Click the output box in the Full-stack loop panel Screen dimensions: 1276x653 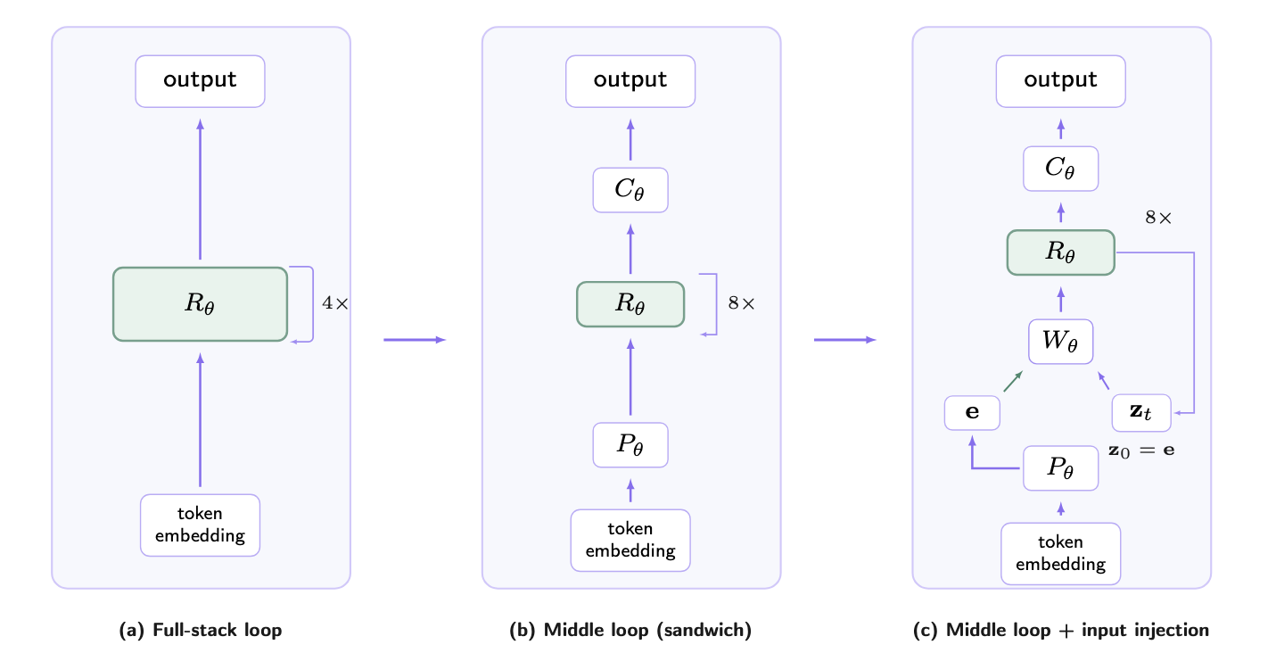click(x=200, y=81)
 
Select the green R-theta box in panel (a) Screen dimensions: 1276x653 click(x=200, y=304)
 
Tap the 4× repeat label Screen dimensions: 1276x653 click(x=335, y=303)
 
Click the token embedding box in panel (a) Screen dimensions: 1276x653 click(x=200, y=525)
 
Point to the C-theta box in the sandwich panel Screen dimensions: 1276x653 click(x=630, y=190)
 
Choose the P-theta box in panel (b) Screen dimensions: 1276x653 click(x=630, y=445)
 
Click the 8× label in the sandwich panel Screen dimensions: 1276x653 click(x=741, y=303)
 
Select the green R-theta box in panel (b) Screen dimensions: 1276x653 click(x=630, y=304)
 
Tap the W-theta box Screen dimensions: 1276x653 click(x=1060, y=342)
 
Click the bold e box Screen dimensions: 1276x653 click(x=972, y=412)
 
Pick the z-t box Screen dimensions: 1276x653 click(x=1141, y=412)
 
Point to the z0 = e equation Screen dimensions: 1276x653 click(x=1141, y=450)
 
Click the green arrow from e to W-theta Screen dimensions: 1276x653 click(x=1013, y=381)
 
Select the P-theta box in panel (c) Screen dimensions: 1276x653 click(x=1060, y=467)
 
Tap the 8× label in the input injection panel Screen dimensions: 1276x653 click(x=1158, y=218)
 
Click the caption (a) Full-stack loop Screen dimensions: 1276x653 click(x=200, y=630)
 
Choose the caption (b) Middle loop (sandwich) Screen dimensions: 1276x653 click(x=630, y=630)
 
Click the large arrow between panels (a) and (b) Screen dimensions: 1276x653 click(x=415, y=340)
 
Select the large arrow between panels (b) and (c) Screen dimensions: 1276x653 click(x=844, y=340)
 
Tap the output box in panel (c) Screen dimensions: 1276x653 click(x=1060, y=81)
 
